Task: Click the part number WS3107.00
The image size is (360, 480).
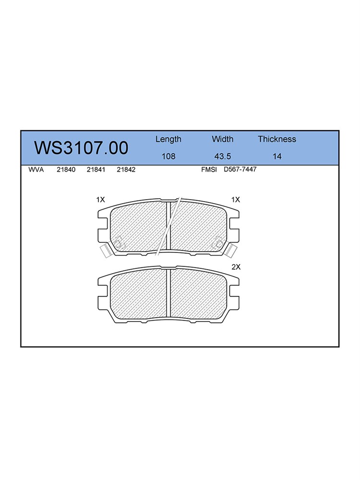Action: pyautogui.click(x=81, y=148)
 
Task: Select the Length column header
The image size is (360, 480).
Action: pyautogui.click(x=168, y=140)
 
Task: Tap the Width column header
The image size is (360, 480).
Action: pyautogui.click(x=223, y=139)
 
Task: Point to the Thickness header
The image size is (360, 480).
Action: pyautogui.click(x=277, y=139)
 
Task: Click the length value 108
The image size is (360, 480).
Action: pyautogui.click(x=168, y=156)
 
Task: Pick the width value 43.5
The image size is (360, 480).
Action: pyautogui.click(x=223, y=156)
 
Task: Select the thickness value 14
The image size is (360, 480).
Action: pyautogui.click(x=277, y=156)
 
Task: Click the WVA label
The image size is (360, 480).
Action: pyautogui.click(x=36, y=169)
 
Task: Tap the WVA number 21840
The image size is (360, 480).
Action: pyautogui.click(x=66, y=169)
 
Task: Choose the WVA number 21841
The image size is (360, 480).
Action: pyautogui.click(x=96, y=169)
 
